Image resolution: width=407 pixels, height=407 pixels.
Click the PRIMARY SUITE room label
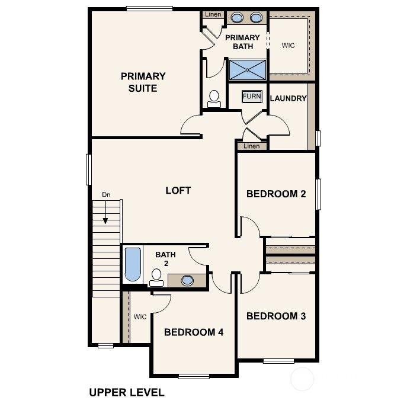click(x=143, y=82)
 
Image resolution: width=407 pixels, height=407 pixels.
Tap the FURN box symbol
click(x=251, y=96)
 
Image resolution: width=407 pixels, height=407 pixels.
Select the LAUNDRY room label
click(x=288, y=98)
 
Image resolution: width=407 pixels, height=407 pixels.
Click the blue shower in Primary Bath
click(x=247, y=69)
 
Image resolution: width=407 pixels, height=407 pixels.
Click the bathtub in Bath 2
click(x=133, y=265)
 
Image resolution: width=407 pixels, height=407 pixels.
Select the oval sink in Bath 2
click(x=187, y=280)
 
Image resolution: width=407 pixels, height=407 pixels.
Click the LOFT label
click(x=178, y=190)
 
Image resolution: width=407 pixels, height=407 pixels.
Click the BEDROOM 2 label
click(x=275, y=193)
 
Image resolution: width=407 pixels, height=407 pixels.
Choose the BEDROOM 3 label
click(x=275, y=316)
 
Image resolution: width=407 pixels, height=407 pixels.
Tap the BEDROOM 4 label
click(x=193, y=332)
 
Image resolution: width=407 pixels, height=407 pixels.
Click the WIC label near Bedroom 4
click(x=140, y=316)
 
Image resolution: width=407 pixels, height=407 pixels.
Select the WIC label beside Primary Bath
click(x=288, y=44)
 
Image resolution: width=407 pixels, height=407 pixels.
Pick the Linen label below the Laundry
click(x=251, y=146)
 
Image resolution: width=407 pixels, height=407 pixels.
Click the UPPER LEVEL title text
click(x=126, y=392)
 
